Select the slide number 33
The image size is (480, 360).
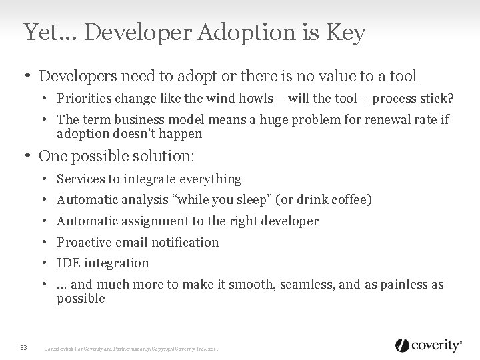[24, 346]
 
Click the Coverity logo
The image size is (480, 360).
[428, 345]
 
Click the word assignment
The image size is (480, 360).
[143, 221]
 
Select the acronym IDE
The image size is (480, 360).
[67, 263]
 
